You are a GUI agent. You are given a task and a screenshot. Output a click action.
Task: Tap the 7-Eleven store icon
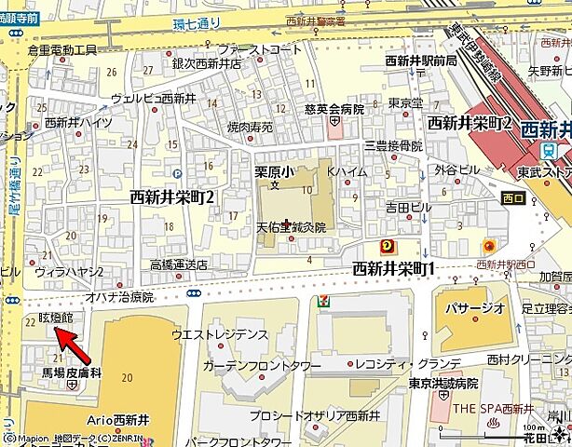pos(322,301)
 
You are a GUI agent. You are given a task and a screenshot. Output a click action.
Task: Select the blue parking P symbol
pos(177,172)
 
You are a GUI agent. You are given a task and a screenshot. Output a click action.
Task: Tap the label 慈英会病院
pos(334,109)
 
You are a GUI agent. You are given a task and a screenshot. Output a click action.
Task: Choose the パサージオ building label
pos(475,308)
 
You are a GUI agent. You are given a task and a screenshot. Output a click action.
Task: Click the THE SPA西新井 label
pos(493,409)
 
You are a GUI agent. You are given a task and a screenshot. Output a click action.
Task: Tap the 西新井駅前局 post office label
pos(421,61)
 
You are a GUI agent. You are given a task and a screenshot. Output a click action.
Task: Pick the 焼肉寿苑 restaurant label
pos(250,127)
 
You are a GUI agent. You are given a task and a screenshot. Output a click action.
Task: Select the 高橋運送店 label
pos(179,264)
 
